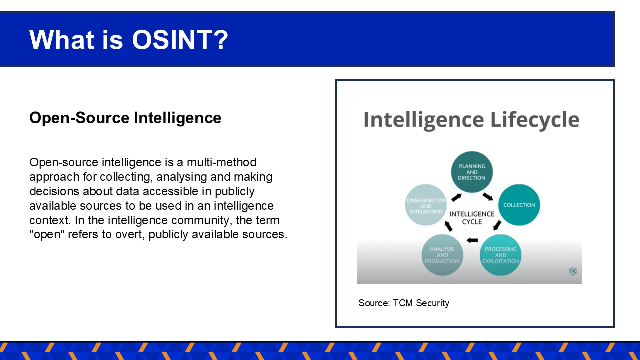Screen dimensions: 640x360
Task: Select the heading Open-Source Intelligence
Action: [x=125, y=118]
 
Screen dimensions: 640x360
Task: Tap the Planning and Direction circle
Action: [x=472, y=172]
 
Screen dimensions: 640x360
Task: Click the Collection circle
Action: [x=519, y=205]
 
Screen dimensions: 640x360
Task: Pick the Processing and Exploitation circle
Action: [x=500, y=255]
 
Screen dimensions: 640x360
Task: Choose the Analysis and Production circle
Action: [x=442, y=255]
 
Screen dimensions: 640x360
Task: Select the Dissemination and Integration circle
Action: [x=426, y=205]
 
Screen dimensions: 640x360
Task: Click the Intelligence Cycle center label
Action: [x=472, y=218]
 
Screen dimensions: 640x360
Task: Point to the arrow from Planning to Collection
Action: [x=488, y=197]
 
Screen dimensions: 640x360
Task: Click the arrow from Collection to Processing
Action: [x=497, y=225]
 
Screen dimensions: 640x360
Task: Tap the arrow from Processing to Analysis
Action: [x=472, y=240]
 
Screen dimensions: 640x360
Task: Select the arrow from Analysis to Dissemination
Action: [x=448, y=226]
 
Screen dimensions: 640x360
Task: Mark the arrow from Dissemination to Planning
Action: [x=456, y=197]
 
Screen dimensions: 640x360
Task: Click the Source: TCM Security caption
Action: [x=403, y=303]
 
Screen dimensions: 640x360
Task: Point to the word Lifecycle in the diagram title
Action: [x=535, y=120]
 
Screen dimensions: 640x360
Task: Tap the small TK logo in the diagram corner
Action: [x=573, y=271]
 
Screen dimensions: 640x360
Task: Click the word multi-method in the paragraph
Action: [x=221, y=162]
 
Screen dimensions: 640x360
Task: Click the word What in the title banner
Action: [x=62, y=40]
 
